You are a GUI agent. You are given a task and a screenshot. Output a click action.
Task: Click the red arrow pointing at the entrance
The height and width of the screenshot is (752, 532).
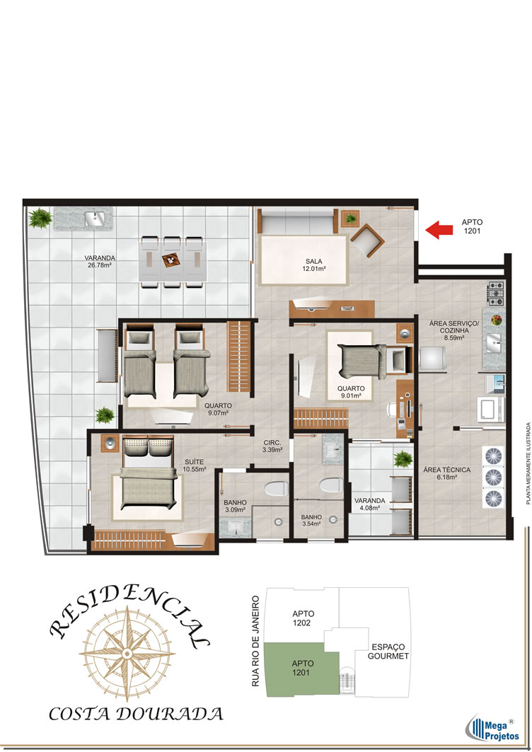tap(439, 230)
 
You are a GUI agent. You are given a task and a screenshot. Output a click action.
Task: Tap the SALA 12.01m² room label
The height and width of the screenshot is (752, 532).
tap(314, 265)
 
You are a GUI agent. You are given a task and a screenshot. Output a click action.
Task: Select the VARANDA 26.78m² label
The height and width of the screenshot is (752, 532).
tap(100, 261)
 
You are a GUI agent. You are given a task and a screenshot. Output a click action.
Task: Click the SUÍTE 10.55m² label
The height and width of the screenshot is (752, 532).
tap(195, 465)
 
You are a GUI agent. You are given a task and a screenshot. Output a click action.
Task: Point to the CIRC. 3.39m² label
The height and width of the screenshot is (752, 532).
tap(272, 446)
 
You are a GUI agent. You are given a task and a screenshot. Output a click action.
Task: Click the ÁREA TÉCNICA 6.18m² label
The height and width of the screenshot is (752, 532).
tap(446, 473)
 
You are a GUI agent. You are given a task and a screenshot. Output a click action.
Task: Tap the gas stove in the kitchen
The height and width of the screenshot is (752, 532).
tap(496, 293)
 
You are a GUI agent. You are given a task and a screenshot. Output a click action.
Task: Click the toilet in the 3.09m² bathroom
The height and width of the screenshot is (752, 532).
tap(276, 488)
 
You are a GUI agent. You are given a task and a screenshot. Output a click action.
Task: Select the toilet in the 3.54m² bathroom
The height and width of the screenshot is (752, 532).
tap(330, 485)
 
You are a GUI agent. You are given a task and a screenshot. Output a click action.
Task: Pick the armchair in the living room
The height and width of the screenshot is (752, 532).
tap(367, 240)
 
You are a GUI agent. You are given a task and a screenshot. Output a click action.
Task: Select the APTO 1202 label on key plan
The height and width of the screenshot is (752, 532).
tap(303, 618)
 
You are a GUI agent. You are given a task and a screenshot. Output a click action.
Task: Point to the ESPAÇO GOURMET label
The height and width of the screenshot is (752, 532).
tap(388, 652)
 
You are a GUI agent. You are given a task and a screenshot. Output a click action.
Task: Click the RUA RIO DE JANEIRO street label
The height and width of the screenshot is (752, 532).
tap(255, 641)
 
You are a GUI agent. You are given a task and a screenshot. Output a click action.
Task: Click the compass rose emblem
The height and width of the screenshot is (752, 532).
tap(127, 653)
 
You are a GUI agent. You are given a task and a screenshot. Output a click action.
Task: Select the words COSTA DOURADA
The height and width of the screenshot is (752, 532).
tap(137, 714)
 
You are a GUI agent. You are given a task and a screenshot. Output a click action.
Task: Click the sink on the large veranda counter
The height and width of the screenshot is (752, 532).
tap(95, 219)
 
